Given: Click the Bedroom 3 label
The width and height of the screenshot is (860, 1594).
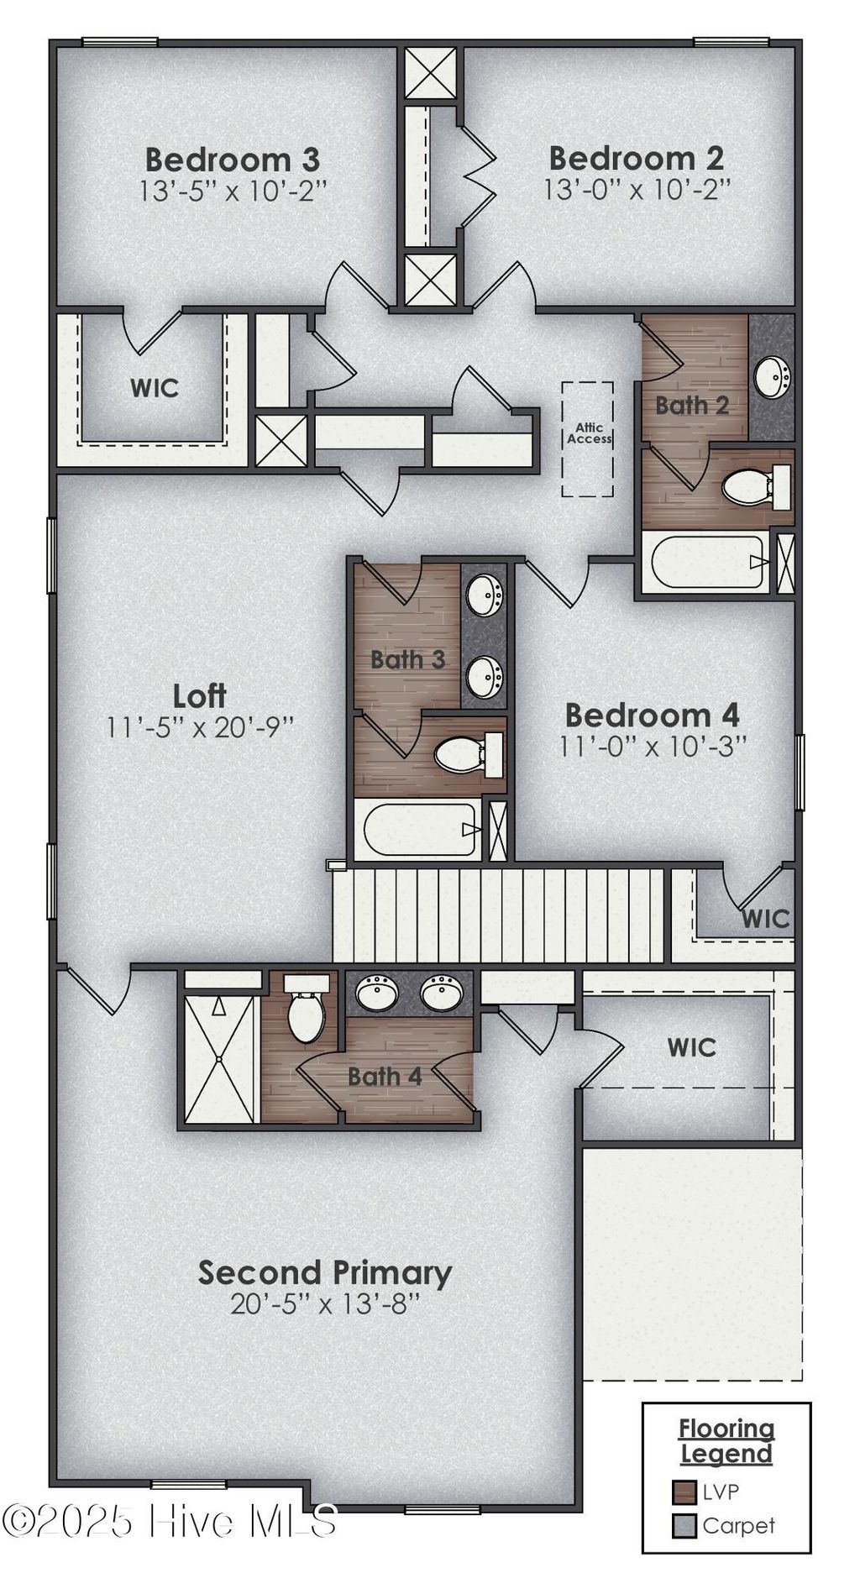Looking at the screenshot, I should coord(232,160).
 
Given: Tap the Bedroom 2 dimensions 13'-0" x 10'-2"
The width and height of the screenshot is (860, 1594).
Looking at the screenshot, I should coord(637,190).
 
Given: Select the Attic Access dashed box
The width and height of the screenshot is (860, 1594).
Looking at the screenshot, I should coord(587,438).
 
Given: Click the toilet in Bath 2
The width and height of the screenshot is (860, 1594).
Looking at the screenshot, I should coord(749,487).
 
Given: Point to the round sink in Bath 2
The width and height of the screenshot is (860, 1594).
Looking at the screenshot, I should coord(771,377).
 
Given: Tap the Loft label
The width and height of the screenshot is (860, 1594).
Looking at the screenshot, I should coord(199,696).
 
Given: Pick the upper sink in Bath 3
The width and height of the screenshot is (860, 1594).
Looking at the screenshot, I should coord(485,595).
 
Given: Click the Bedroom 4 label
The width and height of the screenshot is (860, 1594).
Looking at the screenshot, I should coord(652,716).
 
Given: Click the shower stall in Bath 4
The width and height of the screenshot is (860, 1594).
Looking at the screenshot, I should coord(219,1058).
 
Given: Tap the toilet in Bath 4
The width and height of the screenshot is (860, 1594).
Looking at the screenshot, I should coord(306,1013).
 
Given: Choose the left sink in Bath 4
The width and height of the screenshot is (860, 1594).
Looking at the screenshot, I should coord(377,994).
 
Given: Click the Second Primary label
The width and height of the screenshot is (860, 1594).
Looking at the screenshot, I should coord(325,1273).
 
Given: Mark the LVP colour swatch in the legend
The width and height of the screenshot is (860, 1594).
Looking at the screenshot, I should coord(685,1492).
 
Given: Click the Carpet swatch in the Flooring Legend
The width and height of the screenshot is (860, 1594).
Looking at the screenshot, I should coord(685,1525).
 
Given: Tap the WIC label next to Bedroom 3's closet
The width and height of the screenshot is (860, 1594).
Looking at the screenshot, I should coord(155,388).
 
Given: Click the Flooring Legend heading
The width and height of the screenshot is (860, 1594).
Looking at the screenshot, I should coord(726,1440).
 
